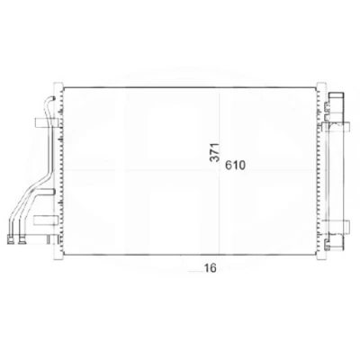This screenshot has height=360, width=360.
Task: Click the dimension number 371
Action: coord(215,153)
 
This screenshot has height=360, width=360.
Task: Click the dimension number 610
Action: coord(235,166)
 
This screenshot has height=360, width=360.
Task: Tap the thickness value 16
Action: coord(210,268)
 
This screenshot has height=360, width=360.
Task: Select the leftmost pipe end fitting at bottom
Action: coord(11,239)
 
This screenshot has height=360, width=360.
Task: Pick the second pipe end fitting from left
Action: coord(22,239)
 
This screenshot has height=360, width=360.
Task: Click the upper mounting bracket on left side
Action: coord(46,122)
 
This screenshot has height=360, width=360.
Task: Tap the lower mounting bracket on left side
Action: coord(45,220)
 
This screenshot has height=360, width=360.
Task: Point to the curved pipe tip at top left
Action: coord(53,98)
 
